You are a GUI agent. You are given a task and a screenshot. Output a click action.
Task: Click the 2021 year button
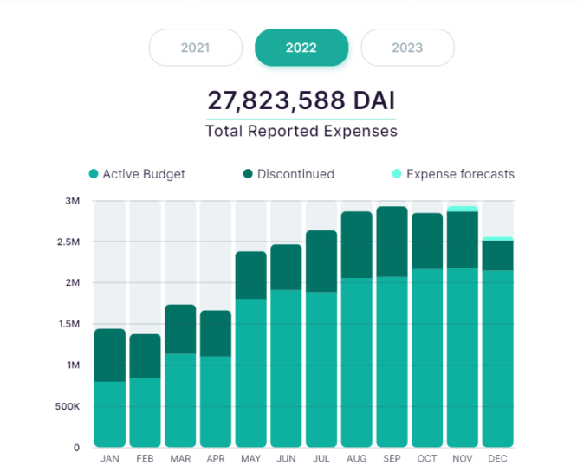pyautogui.click(x=196, y=48)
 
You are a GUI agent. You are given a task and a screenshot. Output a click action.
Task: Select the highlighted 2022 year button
pyautogui.click(x=301, y=48)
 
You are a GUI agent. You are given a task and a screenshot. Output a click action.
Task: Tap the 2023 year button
pyautogui.click(x=407, y=48)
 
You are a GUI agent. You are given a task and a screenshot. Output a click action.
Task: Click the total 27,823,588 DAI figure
pyautogui.click(x=301, y=100)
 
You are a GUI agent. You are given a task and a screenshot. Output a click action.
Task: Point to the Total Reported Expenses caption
pyautogui.click(x=301, y=132)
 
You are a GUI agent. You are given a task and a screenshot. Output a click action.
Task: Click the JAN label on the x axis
pyautogui.click(x=110, y=458)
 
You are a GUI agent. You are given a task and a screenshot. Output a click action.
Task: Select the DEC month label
pyautogui.click(x=498, y=458)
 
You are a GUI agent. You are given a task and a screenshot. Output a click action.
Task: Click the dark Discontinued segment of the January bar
pyautogui.click(x=110, y=355)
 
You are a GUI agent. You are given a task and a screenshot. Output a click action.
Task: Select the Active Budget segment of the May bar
pyautogui.click(x=251, y=372)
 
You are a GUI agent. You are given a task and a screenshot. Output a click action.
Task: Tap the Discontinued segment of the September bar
pyautogui.click(x=392, y=242)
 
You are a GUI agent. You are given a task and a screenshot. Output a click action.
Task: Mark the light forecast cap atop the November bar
pyautogui.click(x=463, y=209)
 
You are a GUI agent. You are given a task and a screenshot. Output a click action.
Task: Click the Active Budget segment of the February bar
pyautogui.click(x=146, y=411)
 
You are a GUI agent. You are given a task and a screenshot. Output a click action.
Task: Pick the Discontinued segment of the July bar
pyautogui.click(x=321, y=261)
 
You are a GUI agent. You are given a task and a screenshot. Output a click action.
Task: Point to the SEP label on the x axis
pyautogui.click(x=392, y=458)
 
